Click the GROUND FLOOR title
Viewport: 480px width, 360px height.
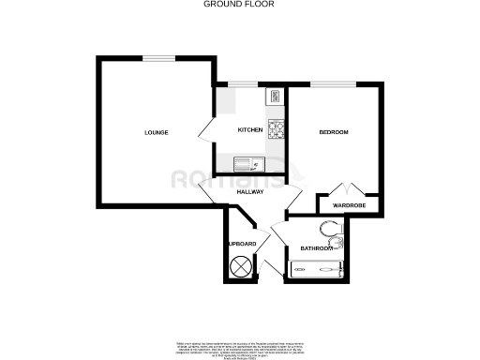(239, 4)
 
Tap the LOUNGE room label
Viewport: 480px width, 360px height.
(156, 132)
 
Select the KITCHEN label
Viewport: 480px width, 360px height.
(248, 129)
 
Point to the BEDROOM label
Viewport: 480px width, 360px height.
(334, 132)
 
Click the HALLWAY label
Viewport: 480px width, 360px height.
(249, 191)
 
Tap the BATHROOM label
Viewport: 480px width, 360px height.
(317, 248)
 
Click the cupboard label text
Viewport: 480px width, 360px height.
(243, 245)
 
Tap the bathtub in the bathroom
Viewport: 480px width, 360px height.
(315, 270)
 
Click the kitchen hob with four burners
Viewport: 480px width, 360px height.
(276, 128)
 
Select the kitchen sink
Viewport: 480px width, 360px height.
(246, 163)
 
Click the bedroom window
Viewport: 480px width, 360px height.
(333, 85)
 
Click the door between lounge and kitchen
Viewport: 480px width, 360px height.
(207, 131)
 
